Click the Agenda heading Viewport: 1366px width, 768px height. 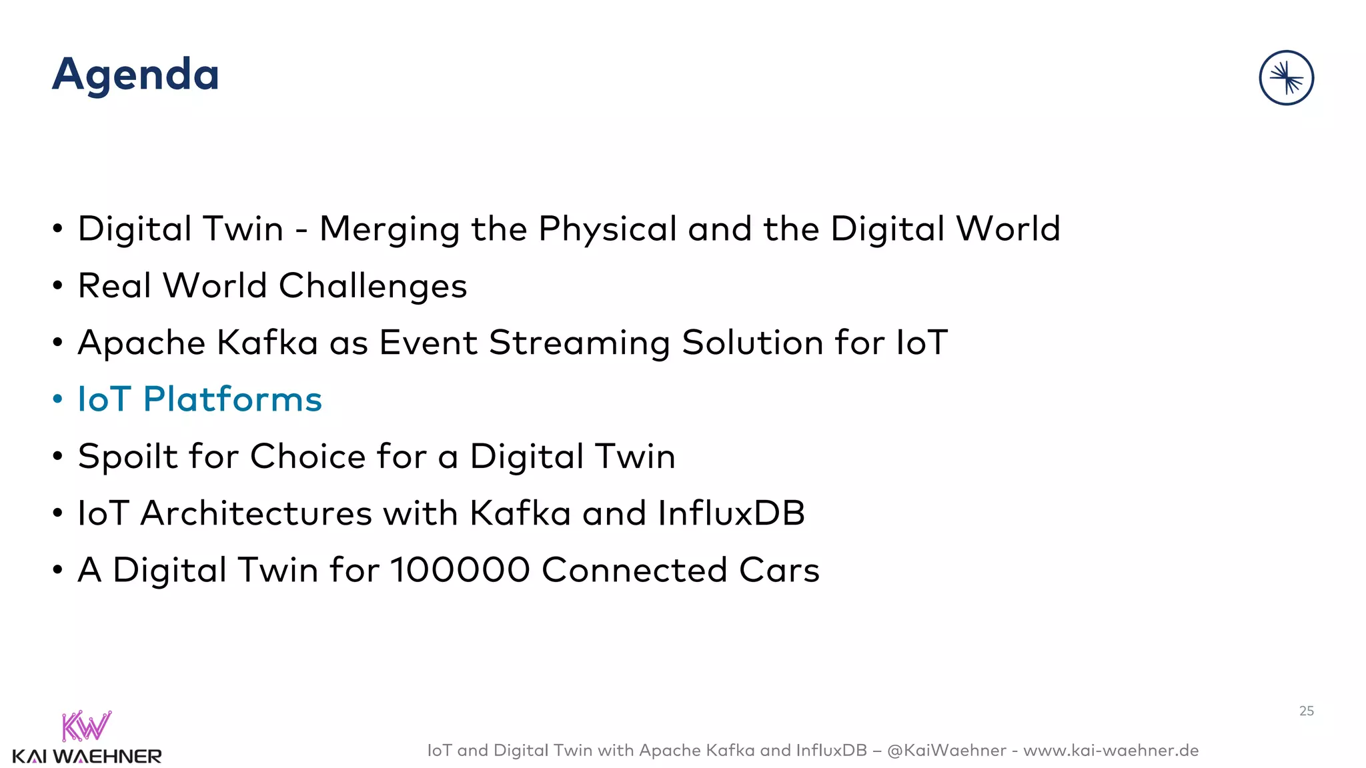point(135,75)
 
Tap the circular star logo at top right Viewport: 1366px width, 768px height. point(1286,78)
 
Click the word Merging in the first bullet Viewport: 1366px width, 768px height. point(390,229)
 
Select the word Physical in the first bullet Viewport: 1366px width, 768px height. point(607,229)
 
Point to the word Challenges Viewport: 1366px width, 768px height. point(372,287)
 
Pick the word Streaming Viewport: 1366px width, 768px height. point(579,343)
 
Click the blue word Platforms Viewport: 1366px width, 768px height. point(232,399)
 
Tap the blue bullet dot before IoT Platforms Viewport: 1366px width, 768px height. point(58,399)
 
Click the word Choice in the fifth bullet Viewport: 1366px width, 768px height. point(307,457)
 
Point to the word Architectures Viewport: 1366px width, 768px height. point(255,513)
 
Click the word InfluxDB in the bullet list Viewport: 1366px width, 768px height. point(731,513)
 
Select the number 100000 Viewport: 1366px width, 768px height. point(460,571)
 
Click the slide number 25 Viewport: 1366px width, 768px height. point(1306,711)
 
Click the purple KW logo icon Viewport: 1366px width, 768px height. point(86,726)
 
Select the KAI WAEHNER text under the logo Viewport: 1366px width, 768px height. point(87,757)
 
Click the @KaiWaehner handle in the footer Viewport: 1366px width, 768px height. point(946,751)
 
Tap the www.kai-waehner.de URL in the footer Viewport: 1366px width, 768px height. point(1111,751)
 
